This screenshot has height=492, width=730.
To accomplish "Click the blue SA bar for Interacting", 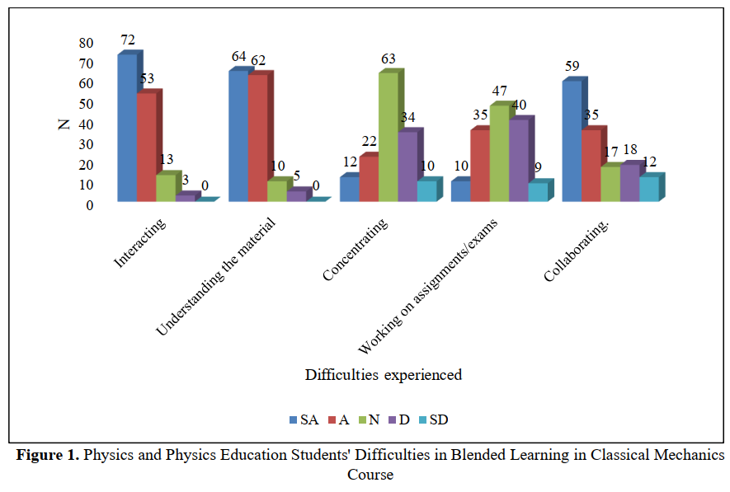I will (126, 128).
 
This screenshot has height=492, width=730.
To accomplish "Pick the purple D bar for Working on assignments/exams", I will (518, 160).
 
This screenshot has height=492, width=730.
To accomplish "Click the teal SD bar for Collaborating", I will (648, 189).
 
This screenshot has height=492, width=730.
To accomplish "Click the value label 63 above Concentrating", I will (388, 59).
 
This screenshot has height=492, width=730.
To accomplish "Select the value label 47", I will (499, 91).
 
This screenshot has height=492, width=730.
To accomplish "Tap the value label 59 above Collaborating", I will (571, 66).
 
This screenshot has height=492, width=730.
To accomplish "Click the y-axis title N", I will (63, 124).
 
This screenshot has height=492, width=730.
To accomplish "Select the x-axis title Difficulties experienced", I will (383, 375).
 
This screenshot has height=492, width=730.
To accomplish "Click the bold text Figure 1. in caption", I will (48, 455).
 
